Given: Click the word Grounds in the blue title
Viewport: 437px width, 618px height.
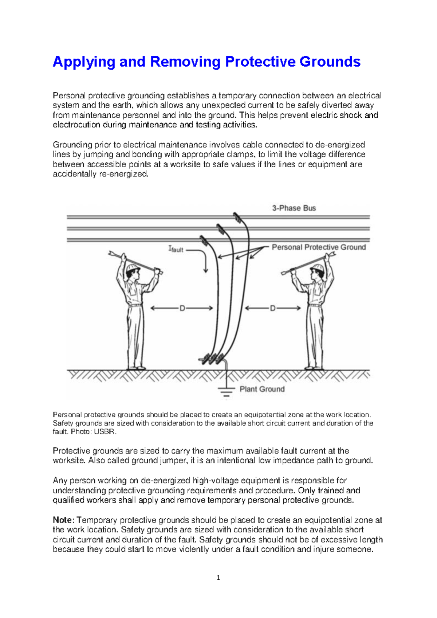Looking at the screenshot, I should coord(330,62).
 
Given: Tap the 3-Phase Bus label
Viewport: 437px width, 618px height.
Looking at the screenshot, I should coord(294,208).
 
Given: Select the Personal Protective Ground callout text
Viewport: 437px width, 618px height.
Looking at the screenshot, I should coord(319,247).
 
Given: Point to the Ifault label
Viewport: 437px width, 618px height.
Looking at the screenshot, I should coord(176,249).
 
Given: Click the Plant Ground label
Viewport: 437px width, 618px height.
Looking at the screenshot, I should coord(262,389).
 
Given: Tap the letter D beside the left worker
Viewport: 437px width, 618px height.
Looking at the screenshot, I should coord(182,308).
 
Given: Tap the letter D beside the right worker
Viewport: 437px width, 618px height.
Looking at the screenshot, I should coord(272,308).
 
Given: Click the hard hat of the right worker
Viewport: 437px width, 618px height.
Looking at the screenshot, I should coord(317,269).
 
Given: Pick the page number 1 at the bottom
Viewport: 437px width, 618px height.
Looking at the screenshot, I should coord(218,578).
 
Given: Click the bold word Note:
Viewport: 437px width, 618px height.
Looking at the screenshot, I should coord(64,520).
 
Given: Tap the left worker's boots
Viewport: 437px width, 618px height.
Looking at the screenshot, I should coord(137,368).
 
